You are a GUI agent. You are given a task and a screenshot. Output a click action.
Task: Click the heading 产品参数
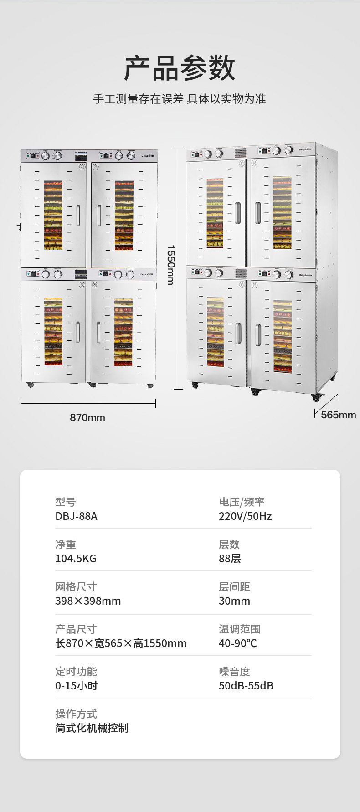(180, 68)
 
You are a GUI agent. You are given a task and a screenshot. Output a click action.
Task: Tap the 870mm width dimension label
(87, 417)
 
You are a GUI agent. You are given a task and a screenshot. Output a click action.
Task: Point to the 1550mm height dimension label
(170, 265)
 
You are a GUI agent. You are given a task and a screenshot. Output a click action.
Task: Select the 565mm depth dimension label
(338, 415)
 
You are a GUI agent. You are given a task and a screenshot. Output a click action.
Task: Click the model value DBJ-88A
(76, 516)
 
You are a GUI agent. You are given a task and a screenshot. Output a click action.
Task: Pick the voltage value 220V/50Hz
(245, 516)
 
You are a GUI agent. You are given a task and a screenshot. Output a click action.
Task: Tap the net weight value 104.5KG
(76, 559)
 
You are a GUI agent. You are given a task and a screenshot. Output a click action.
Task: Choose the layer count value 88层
(230, 559)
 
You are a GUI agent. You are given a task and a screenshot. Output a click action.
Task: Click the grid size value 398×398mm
(88, 601)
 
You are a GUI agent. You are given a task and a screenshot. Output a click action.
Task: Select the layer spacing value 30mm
(234, 601)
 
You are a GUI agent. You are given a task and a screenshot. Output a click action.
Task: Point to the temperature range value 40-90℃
(238, 643)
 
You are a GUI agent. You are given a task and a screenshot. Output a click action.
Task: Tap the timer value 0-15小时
(76, 686)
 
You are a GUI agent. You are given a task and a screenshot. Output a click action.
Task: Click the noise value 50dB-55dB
(246, 686)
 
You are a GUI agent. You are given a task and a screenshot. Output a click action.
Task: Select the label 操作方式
(76, 714)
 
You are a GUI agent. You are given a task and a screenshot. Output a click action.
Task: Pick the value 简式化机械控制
(92, 728)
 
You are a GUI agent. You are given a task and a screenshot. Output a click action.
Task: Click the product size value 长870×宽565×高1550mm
(121, 643)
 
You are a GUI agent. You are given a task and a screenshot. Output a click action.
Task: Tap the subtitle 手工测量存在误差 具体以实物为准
(180, 99)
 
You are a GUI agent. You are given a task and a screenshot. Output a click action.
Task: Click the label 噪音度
(234, 672)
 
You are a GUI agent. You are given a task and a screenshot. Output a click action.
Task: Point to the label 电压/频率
(242, 502)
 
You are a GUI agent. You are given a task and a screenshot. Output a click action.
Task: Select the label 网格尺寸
(76, 587)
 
